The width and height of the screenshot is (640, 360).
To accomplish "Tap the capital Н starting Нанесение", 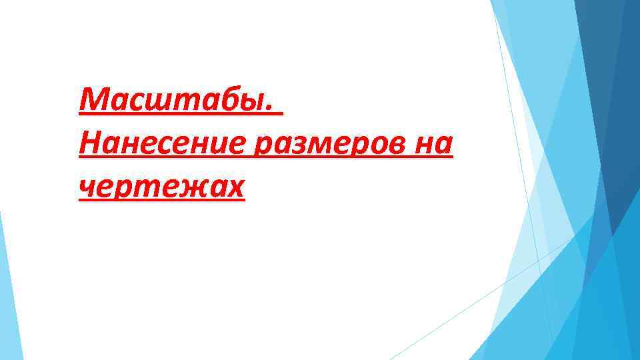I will pyautogui.click(x=89, y=143).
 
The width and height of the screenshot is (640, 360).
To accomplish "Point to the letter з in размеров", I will pyautogui.click(x=291, y=145).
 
